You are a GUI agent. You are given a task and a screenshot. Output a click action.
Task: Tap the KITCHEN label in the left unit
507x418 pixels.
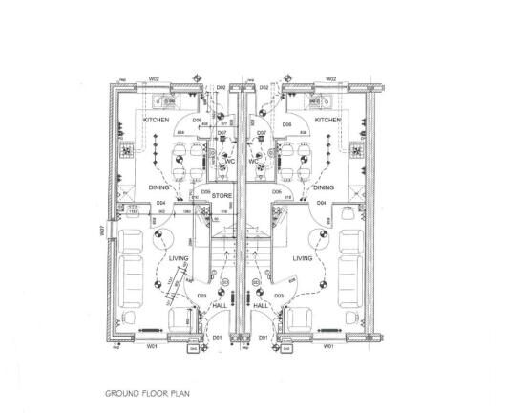point(157,121)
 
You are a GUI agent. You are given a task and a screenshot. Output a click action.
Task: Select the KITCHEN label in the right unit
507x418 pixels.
point(327,121)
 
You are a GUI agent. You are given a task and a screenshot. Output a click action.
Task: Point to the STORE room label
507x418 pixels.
point(222,196)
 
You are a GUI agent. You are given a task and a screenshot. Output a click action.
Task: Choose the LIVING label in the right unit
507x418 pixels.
point(304,258)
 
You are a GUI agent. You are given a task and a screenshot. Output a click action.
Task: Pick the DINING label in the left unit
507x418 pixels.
point(158,188)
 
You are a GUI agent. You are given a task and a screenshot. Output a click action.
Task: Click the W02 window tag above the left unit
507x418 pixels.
point(153,79)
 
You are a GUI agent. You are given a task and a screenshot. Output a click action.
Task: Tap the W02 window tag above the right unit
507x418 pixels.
point(330,79)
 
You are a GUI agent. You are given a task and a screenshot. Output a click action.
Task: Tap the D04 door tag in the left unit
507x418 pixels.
point(161,204)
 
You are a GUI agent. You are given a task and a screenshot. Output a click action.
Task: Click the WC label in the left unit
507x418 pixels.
point(229,161)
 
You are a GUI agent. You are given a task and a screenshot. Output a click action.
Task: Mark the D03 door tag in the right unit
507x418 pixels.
point(278,297)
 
